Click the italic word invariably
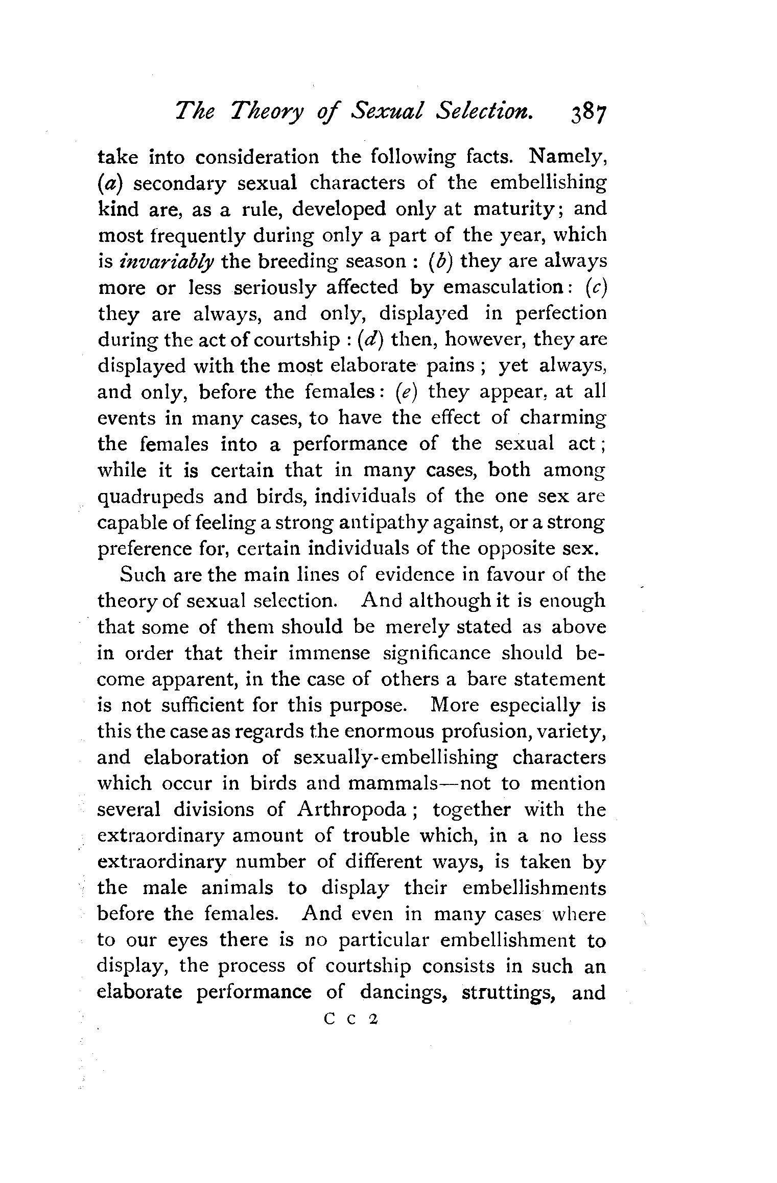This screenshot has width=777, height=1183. [x=167, y=262]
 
